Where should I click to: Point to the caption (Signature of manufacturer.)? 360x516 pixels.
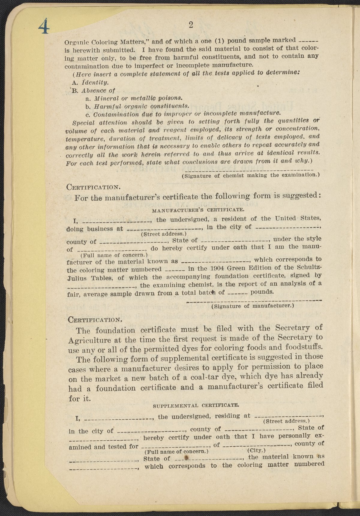coord(253,306)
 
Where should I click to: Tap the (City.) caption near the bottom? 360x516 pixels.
coord(257,451)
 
